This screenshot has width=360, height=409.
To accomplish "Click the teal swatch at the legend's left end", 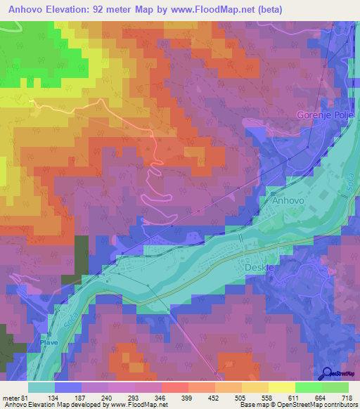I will [41, 387].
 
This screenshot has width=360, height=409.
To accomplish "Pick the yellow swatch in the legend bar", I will [281, 387].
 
